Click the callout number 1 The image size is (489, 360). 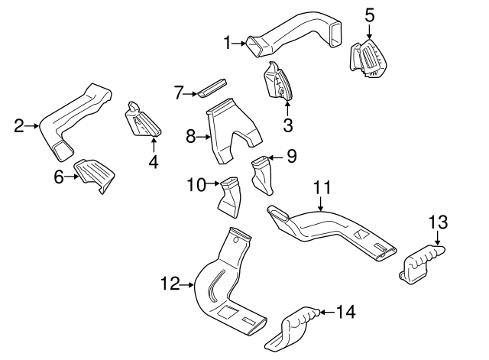click(227, 44)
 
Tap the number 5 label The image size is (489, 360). click(369, 14)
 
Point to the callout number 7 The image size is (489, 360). click(178, 92)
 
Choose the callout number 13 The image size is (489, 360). click(436, 223)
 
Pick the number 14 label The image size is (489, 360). click(346, 311)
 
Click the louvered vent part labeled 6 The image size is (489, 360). click(94, 175)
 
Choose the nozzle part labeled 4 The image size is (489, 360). click(144, 118)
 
